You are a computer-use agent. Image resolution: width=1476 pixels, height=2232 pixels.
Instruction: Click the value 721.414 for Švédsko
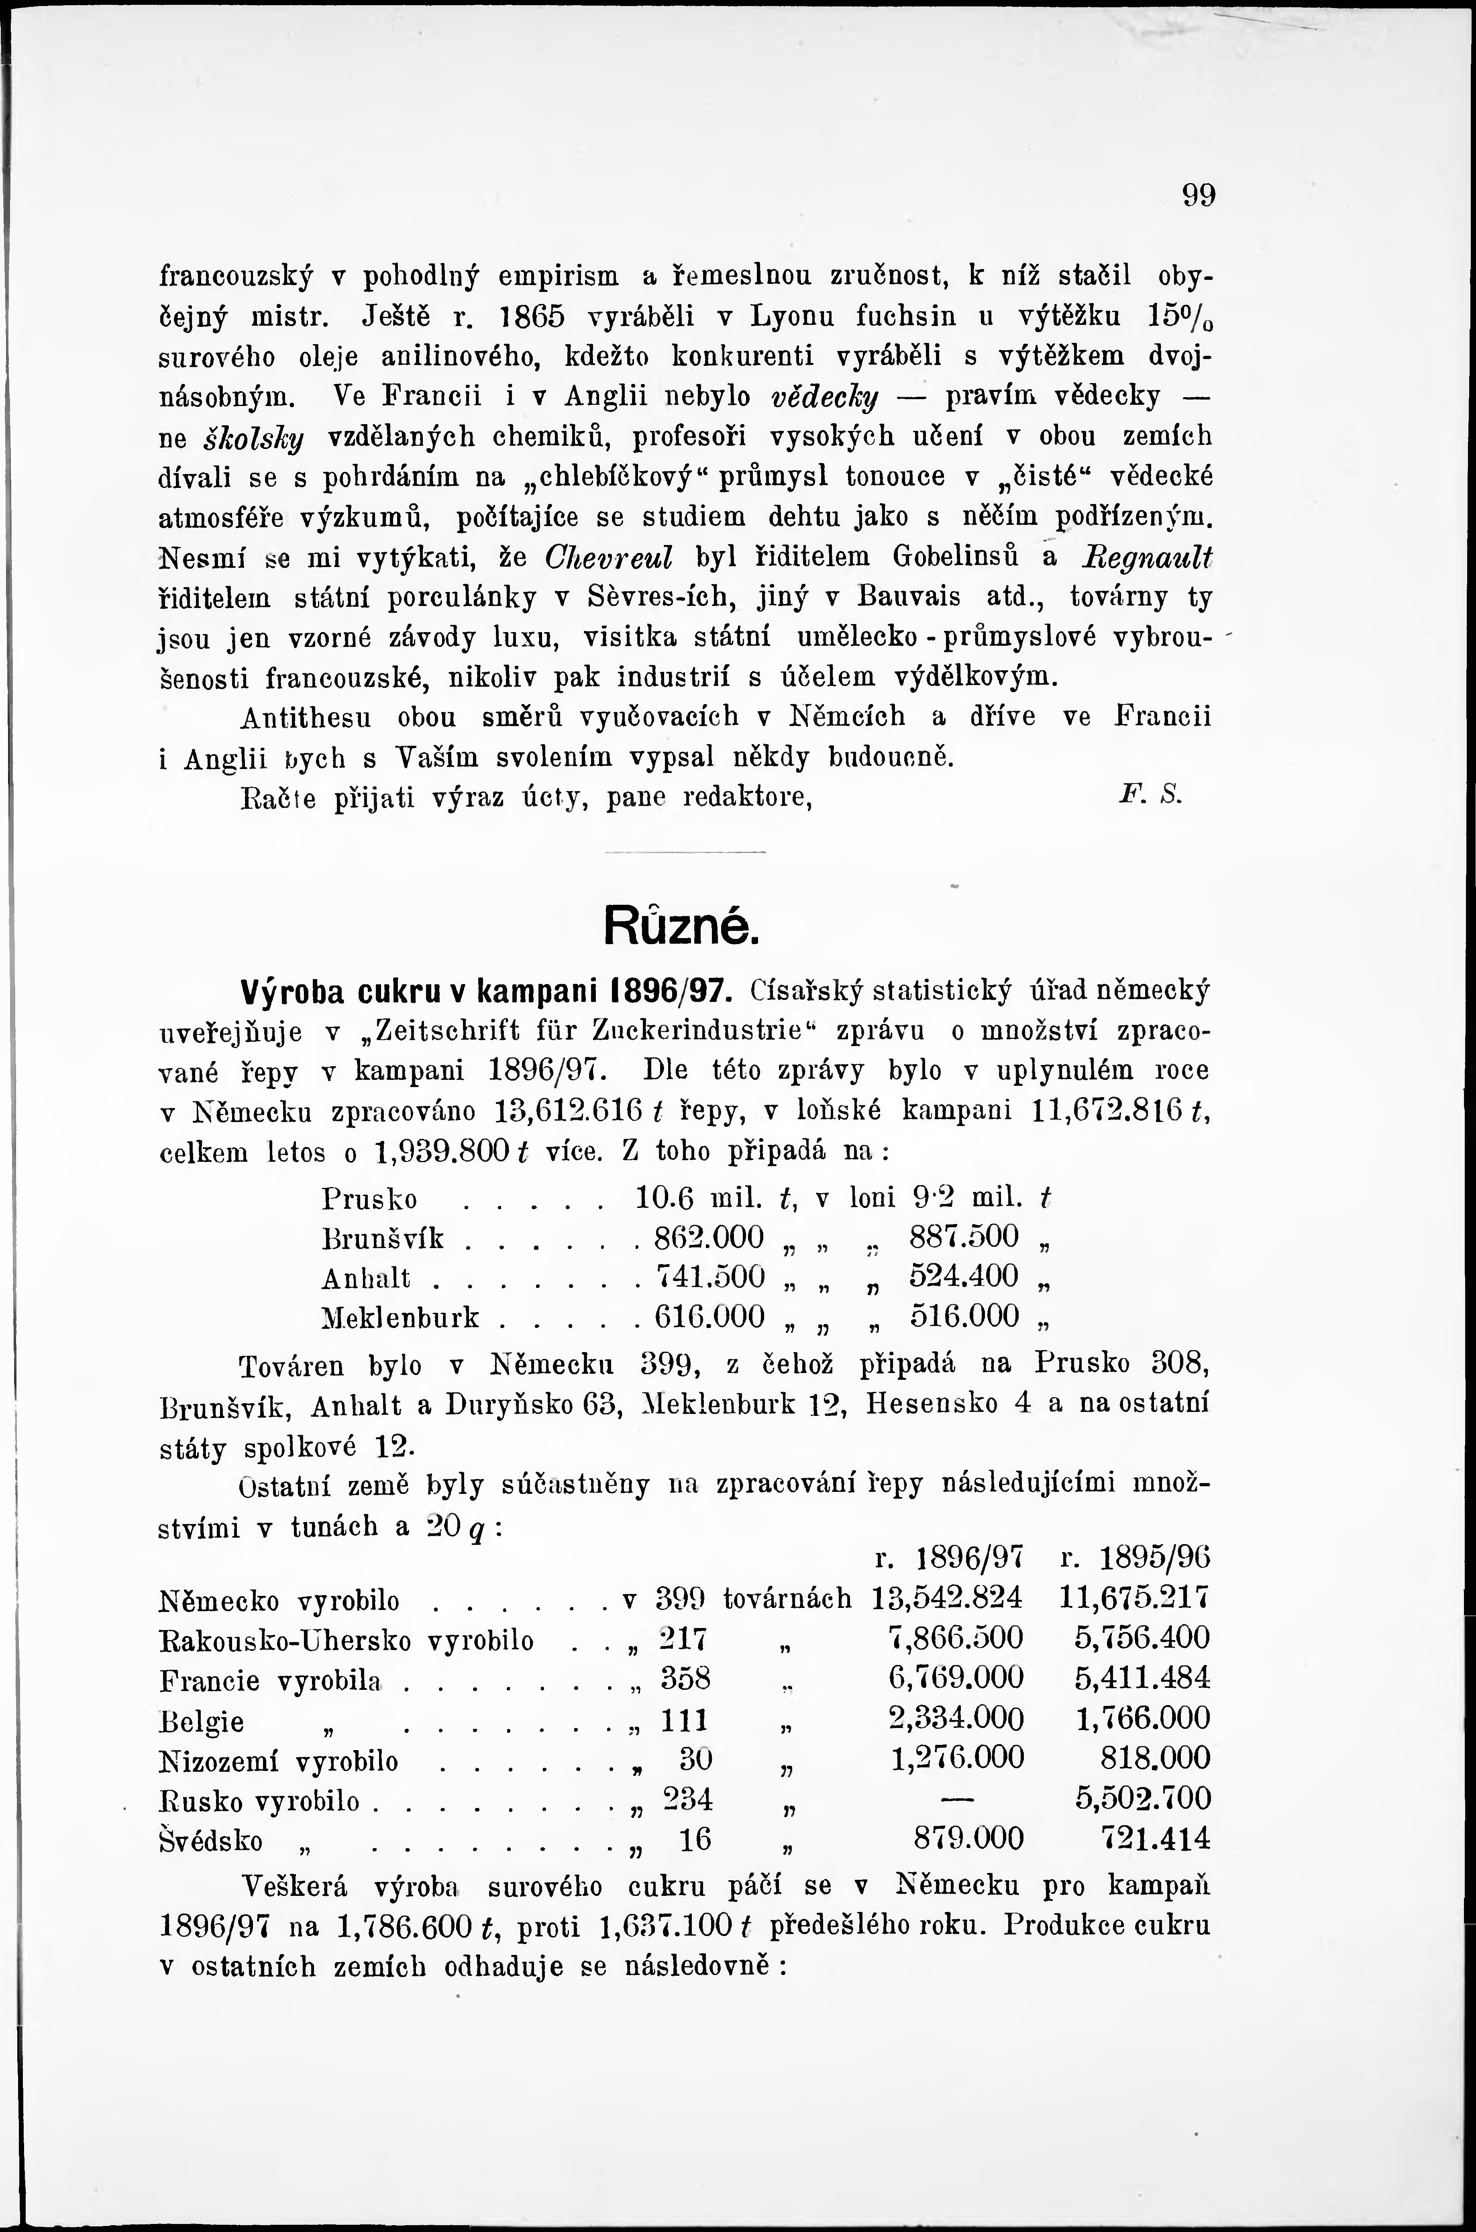click(1156, 1838)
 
